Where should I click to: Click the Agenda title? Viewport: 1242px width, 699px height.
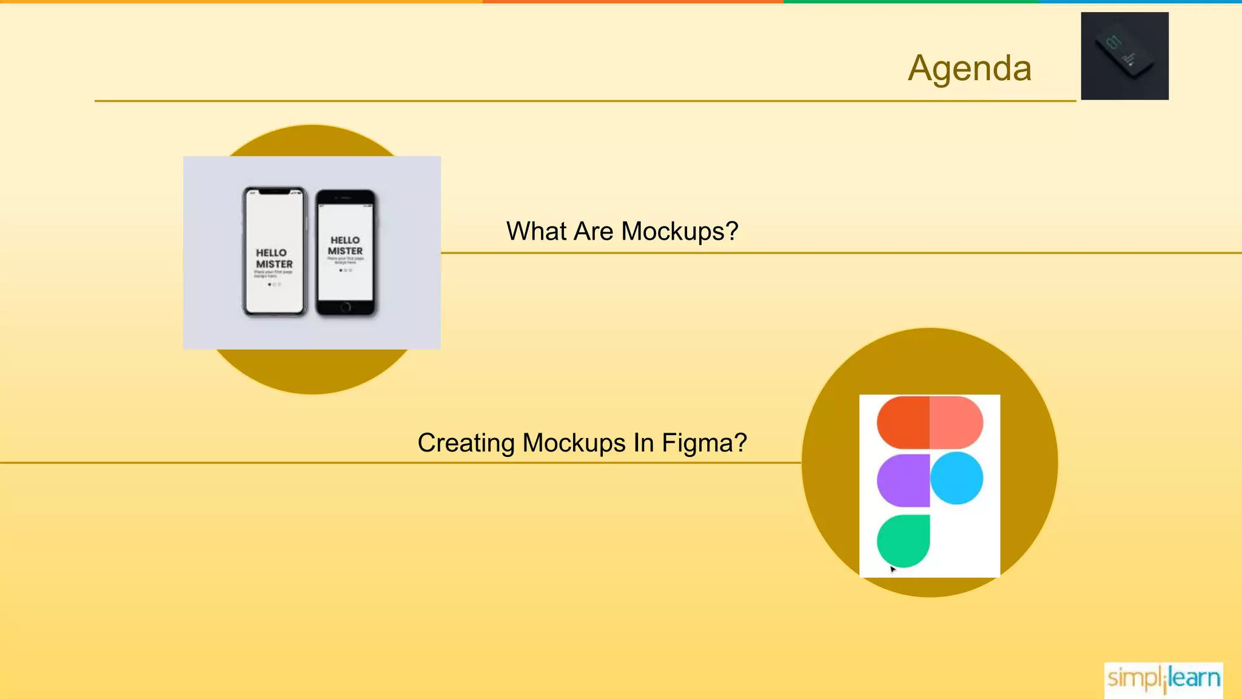click(969, 68)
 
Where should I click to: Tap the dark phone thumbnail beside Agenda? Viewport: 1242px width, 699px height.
click(1124, 56)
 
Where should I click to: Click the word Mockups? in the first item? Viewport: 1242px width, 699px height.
click(680, 232)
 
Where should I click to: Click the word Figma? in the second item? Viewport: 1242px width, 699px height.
click(704, 443)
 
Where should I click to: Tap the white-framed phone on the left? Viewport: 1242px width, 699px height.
click(274, 251)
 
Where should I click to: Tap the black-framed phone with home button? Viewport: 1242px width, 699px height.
click(346, 252)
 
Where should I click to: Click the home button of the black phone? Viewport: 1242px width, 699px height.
click(346, 307)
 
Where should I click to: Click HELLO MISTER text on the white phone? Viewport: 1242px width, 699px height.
click(274, 258)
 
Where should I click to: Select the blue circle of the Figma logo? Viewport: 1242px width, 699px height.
click(956, 478)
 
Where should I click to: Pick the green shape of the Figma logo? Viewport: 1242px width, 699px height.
click(903, 540)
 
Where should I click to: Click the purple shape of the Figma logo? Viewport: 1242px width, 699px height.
click(903, 480)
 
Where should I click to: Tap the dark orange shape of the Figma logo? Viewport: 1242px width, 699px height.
click(903, 422)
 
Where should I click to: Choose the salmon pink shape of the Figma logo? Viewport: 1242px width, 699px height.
click(956, 422)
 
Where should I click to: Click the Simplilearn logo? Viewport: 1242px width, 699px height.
click(1163, 678)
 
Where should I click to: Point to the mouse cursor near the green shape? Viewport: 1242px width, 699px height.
click(893, 569)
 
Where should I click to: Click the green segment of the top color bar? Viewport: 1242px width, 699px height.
click(910, 2)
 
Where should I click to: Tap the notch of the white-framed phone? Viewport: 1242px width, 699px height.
click(274, 192)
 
